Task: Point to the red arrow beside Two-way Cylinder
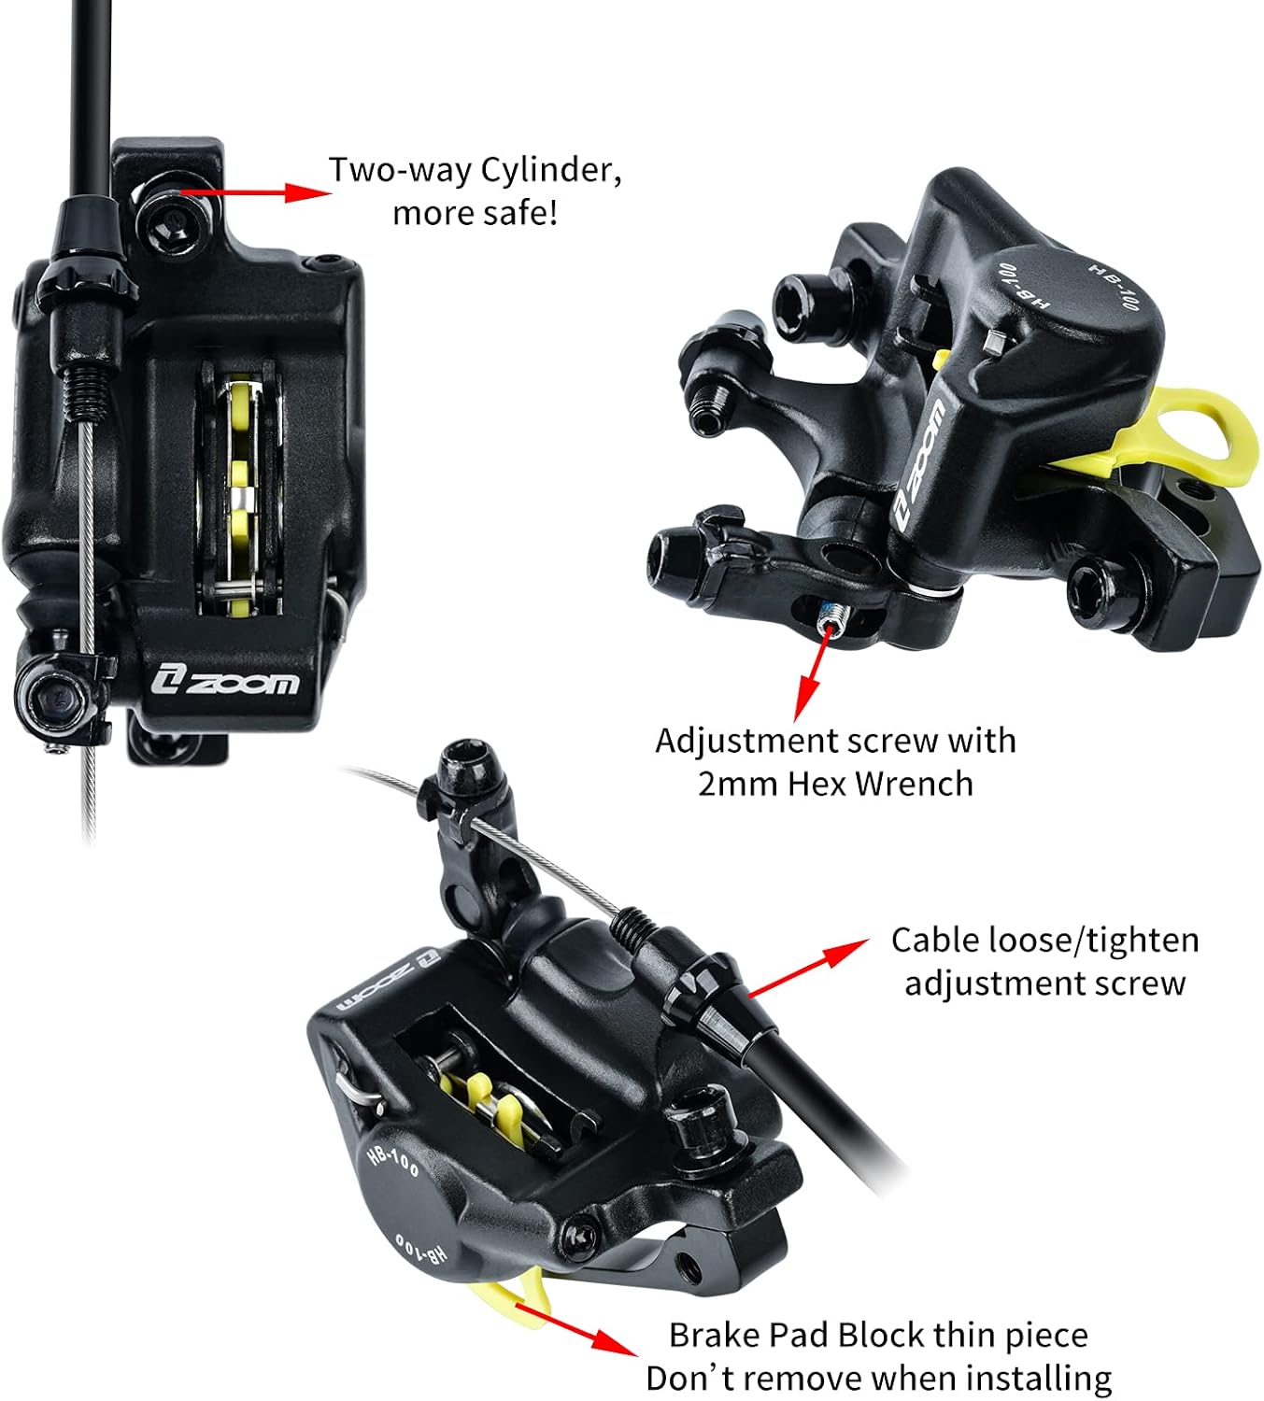(256, 191)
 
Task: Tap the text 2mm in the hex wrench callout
(738, 784)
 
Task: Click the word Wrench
(915, 784)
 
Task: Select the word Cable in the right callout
(936, 941)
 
